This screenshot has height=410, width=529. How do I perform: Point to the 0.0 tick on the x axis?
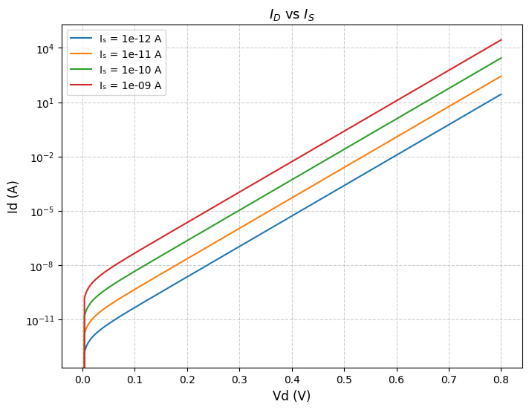[x=82, y=379]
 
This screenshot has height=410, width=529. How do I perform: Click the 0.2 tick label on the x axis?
[x=187, y=379]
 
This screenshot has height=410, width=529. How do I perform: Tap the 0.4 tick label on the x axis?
[x=292, y=379]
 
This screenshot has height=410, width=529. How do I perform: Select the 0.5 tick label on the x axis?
[x=345, y=379]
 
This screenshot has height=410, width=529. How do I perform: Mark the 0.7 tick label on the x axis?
[x=450, y=379]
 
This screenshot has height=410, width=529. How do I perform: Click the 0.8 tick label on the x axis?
[x=502, y=379]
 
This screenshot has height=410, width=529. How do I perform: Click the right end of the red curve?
[x=502, y=39]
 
